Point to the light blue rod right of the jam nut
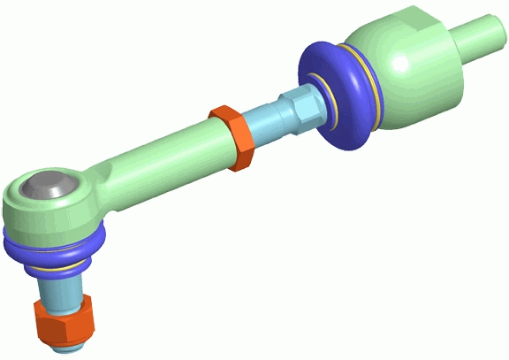tap(266, 124)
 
